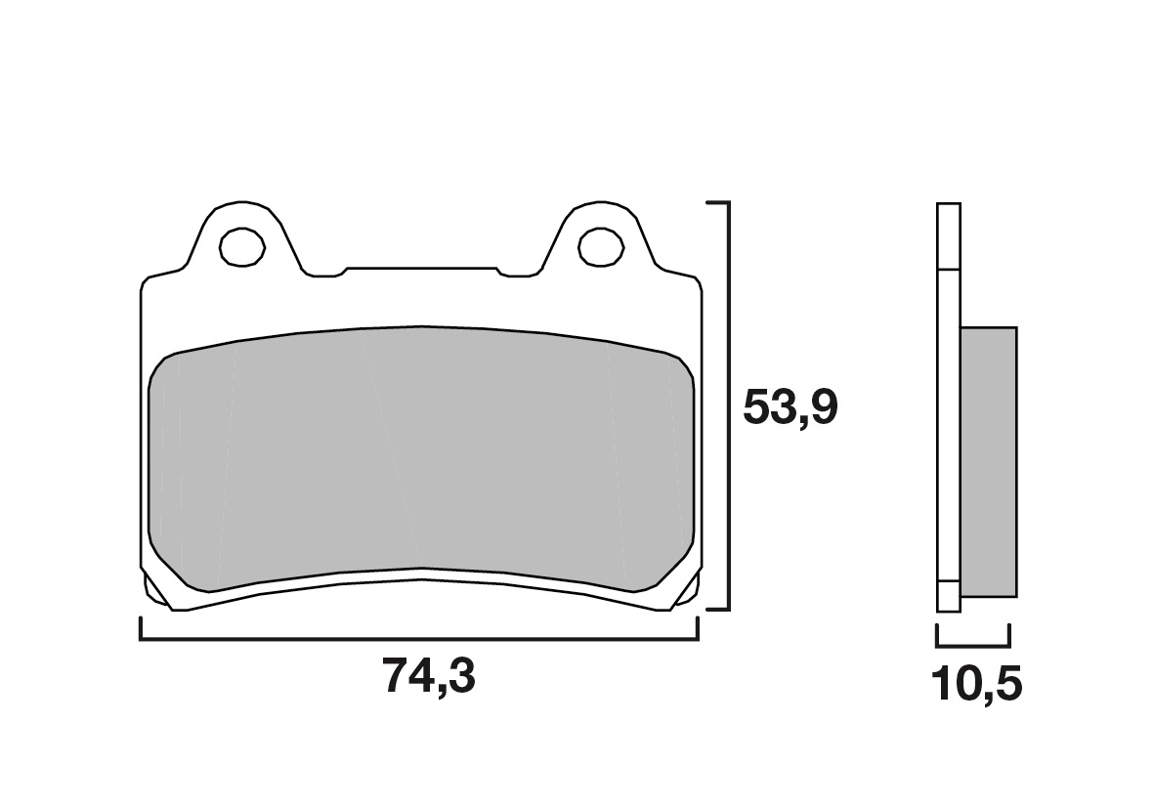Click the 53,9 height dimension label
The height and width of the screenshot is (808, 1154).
click(790, 406)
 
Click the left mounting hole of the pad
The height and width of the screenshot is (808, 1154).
click(242, 246)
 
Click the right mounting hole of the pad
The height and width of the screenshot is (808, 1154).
click(601, 246)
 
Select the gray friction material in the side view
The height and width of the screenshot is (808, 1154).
click(989, 462)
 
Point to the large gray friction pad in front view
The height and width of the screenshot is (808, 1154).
click(421, 457)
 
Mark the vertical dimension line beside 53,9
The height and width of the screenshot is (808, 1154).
click(729, 405)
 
